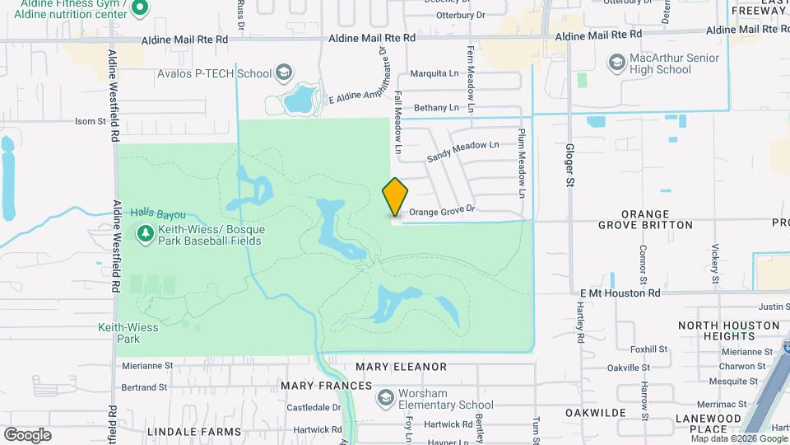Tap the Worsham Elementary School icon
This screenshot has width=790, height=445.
pyautogui.click(x=385, y=398)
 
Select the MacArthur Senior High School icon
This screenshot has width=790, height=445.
pyautogui.click(x=616, y=63)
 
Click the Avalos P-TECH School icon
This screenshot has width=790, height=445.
pyautogui.click(x=284, y=73)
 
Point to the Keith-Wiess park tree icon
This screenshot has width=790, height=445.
pyautogui.click(x=146, y=234)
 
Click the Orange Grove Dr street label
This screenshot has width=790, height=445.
pyautogui.click(x=443, y=212)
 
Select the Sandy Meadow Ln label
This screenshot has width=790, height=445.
pyautogui.click(x=463, y=151)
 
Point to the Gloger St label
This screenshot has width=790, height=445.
pyautogui.click(x=569, y=165)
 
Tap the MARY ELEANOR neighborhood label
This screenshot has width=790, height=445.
pyautogui.click(x=401, y=367)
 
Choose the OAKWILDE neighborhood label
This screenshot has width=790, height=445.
pyautogui.click(x=596, y=412)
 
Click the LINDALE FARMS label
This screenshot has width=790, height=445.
pyautogui.click(x=194, y=431)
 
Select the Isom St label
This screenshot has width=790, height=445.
pyautogui.click(x=91, y=121)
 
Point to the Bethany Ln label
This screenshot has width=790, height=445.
pyautogui.click(x=436, y=108)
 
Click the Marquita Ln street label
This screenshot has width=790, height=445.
pyautogui.click(x=434, y=73)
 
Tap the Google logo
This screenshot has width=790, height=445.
pyautogui.click(x=27, y=434)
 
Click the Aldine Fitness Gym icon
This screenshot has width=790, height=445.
pyautogui.click(x=139, y=8)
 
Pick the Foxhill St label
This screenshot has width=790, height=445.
pyautogui.click(x=650, y=349)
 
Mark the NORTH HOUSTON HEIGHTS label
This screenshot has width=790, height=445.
pyautogui.click(x=728, y=330)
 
